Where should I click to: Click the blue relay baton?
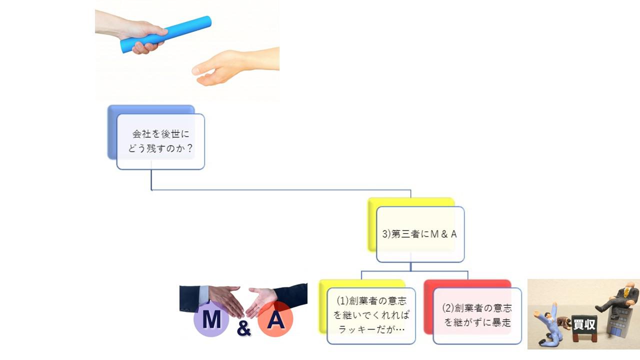point(166,34)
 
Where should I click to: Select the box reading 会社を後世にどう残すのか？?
point(160,141)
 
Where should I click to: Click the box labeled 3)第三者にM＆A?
point(420,234)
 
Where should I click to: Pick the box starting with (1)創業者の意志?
point(371,315)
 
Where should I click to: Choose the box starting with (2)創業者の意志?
point(477,315)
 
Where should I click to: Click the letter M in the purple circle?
point(211,319)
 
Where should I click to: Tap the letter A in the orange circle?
point(275,319)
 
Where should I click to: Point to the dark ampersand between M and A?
point(243,328)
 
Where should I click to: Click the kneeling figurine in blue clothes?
point(548,324)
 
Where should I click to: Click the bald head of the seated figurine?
point(630,285)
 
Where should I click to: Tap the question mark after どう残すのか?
point(189,148)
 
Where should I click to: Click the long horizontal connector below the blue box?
point(281,189)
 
